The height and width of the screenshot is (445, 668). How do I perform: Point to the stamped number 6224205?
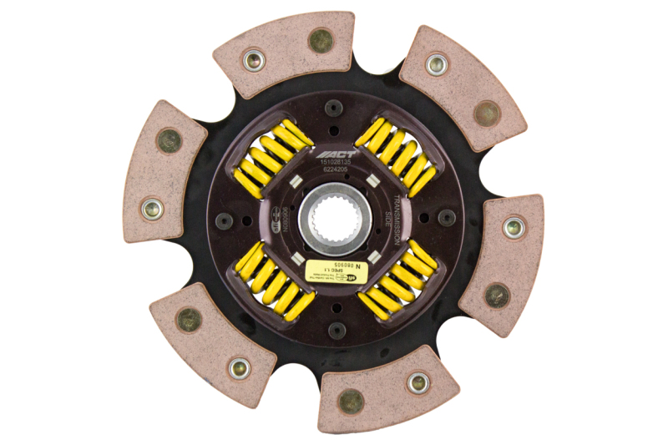click(x=336, y=170)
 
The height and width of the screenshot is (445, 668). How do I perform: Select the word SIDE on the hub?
click(x=387, y=220)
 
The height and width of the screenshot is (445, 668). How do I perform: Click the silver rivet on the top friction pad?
click(x=253, y=59)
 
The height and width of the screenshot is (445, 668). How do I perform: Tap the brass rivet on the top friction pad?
click(x=320, y=39)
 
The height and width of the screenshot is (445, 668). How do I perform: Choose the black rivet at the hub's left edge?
click(x=224, y=220)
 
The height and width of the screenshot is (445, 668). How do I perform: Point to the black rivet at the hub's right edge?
click(x=447, y=218)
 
